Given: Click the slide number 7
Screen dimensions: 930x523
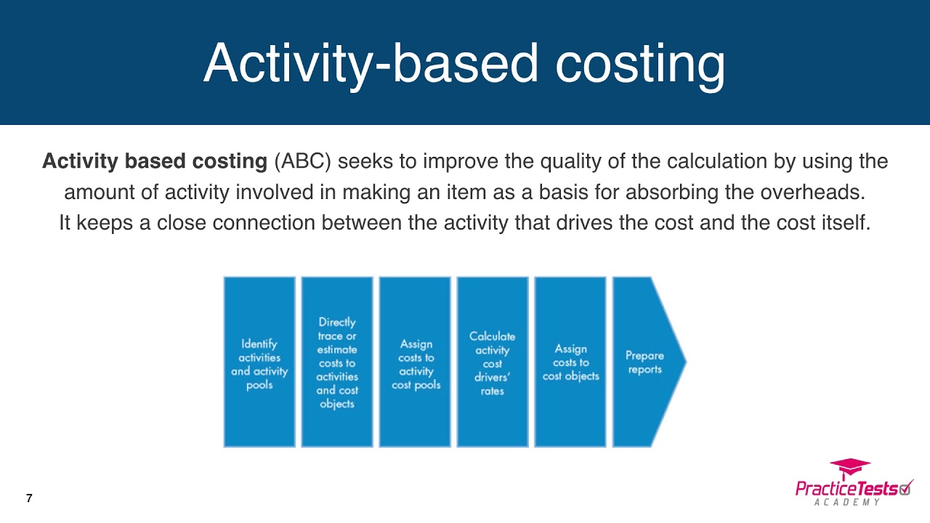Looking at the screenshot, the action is (x=29, y=498).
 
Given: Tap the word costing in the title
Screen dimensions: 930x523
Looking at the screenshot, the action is (x=640, y=65).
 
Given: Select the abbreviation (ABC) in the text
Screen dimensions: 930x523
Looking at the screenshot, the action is (x=302, y=161).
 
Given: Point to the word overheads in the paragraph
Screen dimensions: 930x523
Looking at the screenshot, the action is (x=812, y=192).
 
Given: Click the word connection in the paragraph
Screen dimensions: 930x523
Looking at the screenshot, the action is (x=264, y=222).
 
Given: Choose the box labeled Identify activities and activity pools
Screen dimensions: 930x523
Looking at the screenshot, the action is (x=259, y=362).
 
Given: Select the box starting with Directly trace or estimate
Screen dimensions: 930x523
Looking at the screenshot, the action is (x=337, y=362).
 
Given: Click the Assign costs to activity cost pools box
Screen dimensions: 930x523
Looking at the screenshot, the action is (x=415, y=362).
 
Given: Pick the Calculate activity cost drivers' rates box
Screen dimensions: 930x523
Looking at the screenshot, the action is (x=493, y=362).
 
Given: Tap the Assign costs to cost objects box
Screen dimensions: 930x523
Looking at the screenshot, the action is (x=570, y=362).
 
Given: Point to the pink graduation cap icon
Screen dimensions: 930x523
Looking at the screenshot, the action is (x=850, y=469).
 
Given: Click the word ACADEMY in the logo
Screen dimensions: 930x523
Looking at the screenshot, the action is (x=847, y=503).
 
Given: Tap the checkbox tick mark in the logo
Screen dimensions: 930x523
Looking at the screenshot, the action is (x=906, y=487).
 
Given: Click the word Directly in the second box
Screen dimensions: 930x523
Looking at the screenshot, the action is (x=337, y=323).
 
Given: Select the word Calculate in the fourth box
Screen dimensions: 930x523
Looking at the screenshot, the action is (x=493, y=336).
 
